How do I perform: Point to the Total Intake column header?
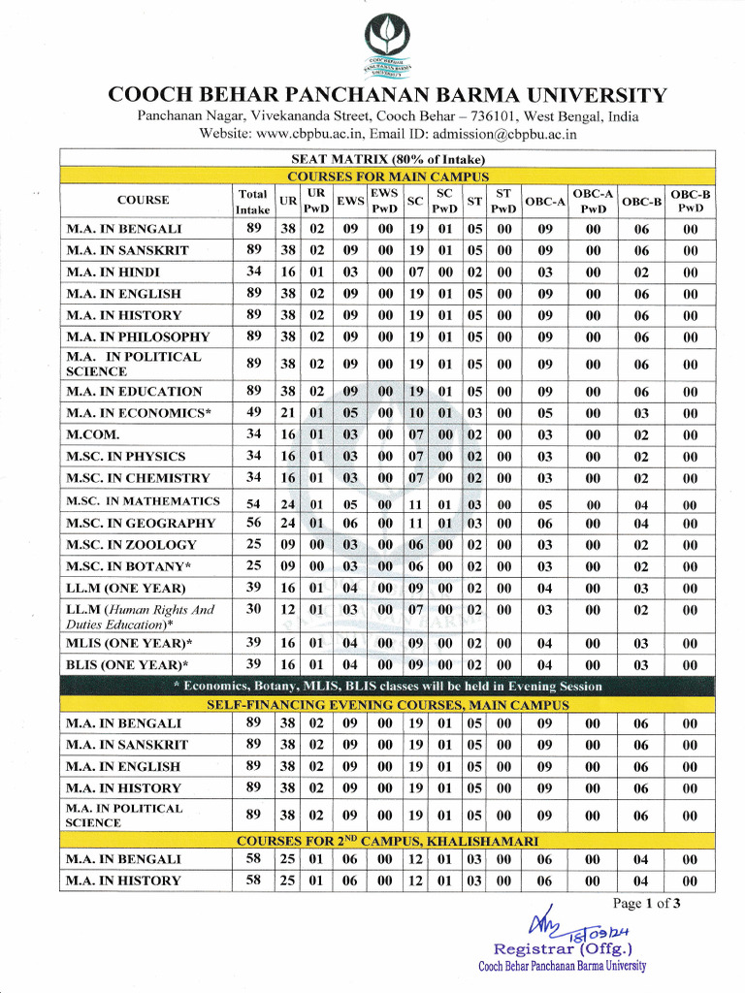pos(252,202)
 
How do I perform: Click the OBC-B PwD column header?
pos(691,201)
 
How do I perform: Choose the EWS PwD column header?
pos(386,201)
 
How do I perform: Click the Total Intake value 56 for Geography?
pos(254,523)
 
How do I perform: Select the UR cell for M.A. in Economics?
pos(288,413)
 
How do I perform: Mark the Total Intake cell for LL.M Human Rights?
pos(254,609)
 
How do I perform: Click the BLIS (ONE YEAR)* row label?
pos(127,665)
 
